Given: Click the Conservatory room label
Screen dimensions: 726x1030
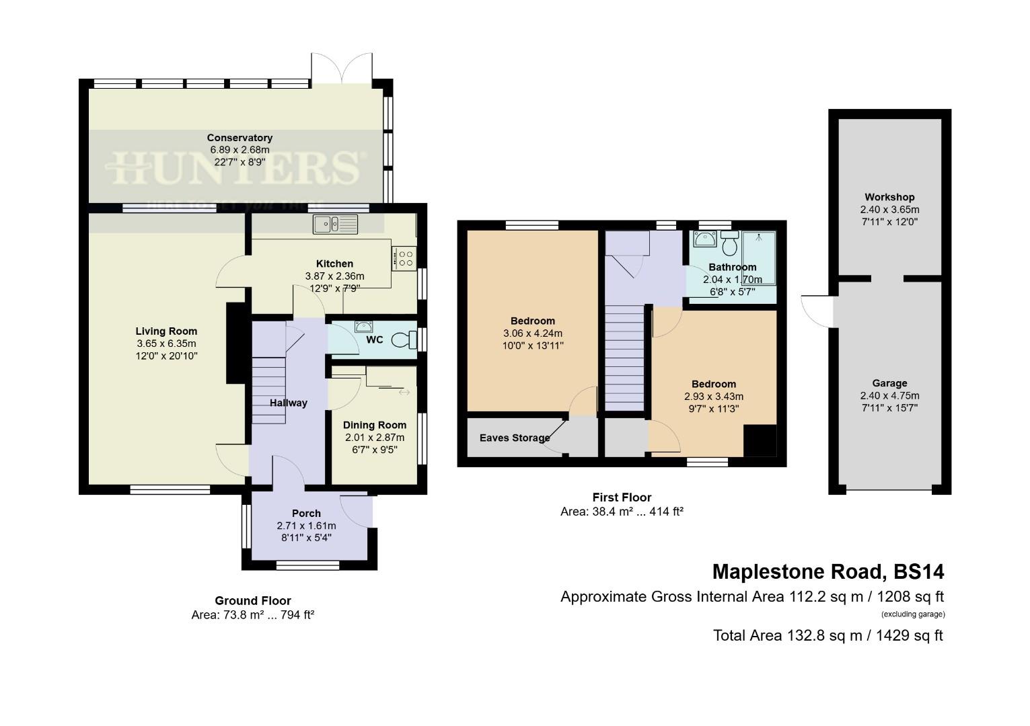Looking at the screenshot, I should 240,138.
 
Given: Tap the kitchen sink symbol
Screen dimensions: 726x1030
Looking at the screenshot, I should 336,223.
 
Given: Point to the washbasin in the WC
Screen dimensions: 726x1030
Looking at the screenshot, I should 364,327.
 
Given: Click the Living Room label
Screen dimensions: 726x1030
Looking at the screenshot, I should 166,331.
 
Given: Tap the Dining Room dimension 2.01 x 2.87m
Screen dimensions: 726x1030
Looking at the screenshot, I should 375,437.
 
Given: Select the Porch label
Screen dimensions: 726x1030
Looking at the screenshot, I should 306,514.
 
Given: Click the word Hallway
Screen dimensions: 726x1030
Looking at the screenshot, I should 289,403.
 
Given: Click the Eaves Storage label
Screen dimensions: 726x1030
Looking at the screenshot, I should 515,438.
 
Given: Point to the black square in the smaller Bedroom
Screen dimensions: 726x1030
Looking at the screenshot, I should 760,441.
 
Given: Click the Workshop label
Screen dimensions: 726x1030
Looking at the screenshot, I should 889,197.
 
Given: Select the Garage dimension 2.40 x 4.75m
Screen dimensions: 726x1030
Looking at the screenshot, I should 889,395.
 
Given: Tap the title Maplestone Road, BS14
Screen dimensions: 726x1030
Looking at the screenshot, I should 828,571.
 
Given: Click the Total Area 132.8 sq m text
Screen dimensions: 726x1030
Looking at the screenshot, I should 828,635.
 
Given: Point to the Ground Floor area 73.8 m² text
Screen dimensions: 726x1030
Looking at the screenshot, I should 253,614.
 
